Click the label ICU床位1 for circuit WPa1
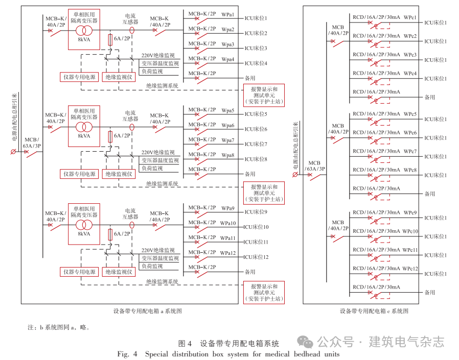pos(256,18)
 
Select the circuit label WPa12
pos(228,253)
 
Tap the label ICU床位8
pos(256,159)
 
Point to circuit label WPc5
pos(410,114)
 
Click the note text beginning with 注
pos(58,327)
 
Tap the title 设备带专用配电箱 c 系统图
pos(374,311)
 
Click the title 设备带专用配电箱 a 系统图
pos(148,310)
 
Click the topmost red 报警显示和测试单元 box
pos(264,95)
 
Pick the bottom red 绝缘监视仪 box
pos(119,272)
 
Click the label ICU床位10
pos(256,227)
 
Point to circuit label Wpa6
pos(228,126)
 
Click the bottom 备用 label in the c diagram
pos(430,293)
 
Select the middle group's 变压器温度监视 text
pos(160,160)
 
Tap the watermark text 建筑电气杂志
pos(406,341)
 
